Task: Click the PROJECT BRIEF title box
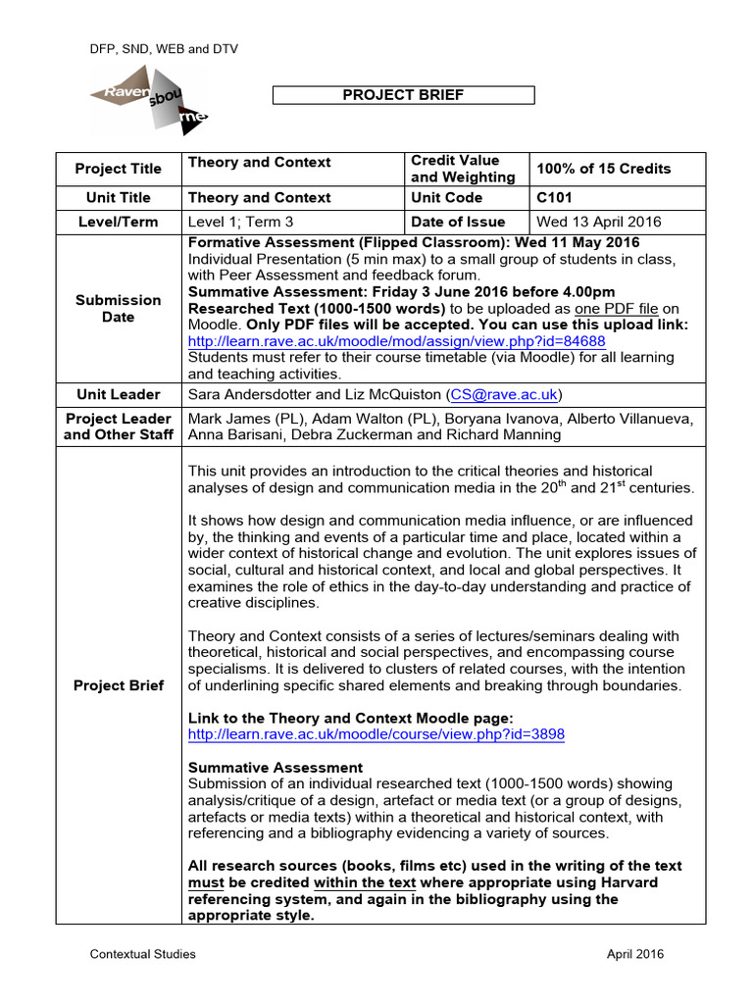click(403, 95)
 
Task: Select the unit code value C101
click(553, 197)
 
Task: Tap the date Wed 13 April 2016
click(599, 222)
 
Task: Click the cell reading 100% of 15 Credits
click(603, 169)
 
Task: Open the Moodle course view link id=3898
click(376, 733)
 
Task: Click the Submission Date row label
click(118, 308)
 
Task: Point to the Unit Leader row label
click(118, 394)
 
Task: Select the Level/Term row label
click(118, 222)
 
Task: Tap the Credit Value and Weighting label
click(463, 169)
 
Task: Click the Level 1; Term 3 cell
click(240, 222)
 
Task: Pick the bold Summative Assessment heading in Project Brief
click(275, 767)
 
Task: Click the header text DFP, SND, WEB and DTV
click(164, 48)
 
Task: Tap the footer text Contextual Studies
click(143, 953)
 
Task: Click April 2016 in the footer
click(633, 953)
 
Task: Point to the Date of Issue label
click(458, 222)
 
